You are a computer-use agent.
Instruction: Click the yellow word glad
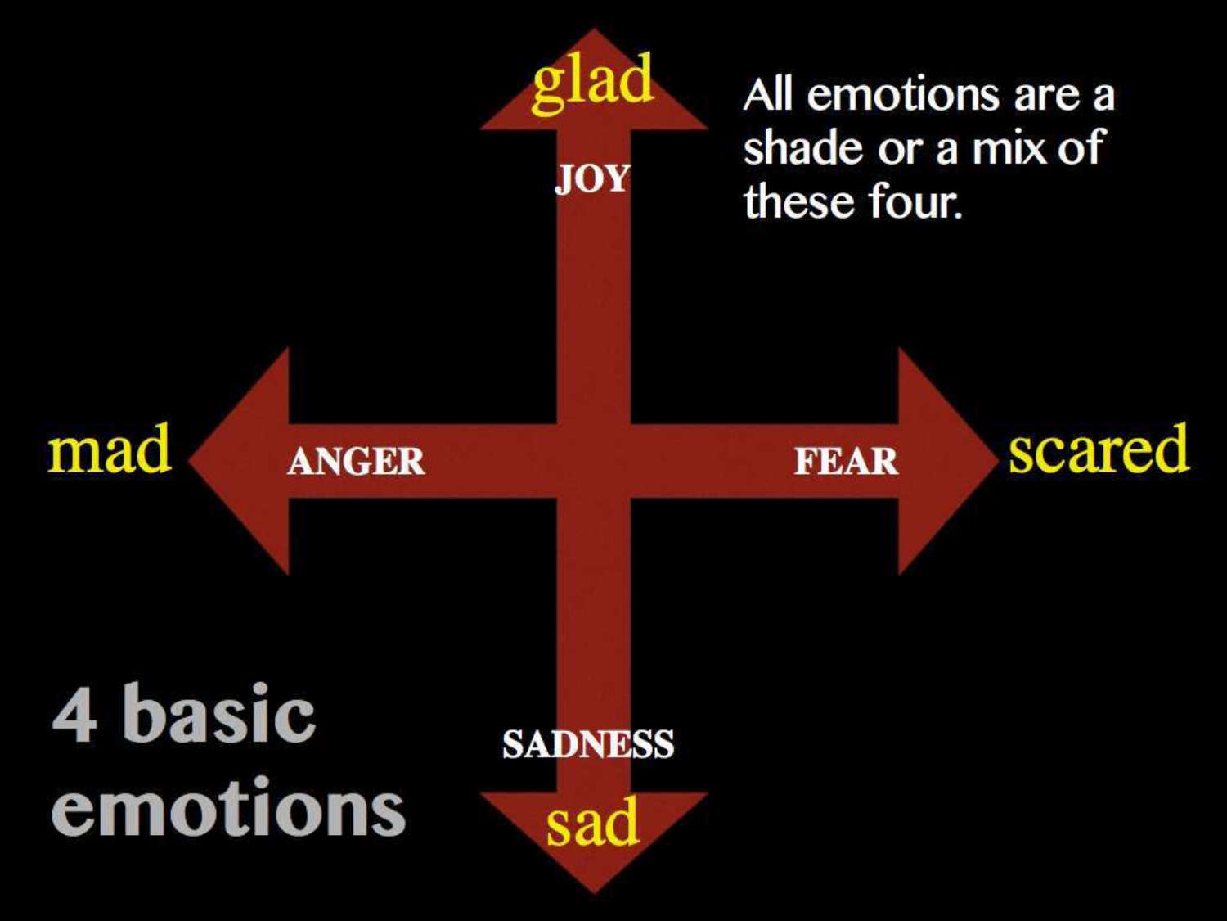coord(593,80)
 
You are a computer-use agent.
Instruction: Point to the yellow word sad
coord(592,823)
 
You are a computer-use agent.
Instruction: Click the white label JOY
coord(593,178)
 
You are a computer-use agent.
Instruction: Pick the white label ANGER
coord(356,462)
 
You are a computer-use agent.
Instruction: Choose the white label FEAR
coord(846,462)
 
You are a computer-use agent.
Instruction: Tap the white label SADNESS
coord(588,744)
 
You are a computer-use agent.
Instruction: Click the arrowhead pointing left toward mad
coord(245,461)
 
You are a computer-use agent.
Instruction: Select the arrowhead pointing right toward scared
coord(941,461)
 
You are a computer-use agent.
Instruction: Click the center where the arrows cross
coord(593,461)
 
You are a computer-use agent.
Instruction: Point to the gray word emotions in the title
coord(228,809)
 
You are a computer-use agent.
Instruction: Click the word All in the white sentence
coord(768,96)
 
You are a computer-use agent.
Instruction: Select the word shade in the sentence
coord(803,148)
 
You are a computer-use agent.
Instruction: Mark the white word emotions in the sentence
coord(904,96)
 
